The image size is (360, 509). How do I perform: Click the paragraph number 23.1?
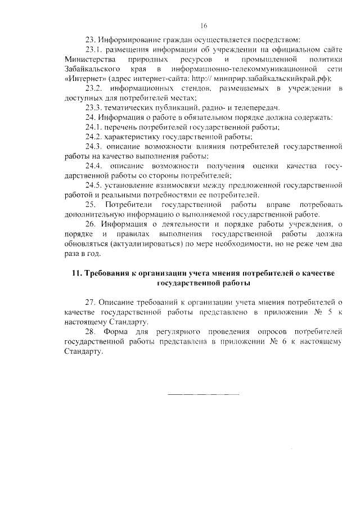tap(93, 49)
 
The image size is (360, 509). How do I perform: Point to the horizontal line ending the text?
tap(204, 394)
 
